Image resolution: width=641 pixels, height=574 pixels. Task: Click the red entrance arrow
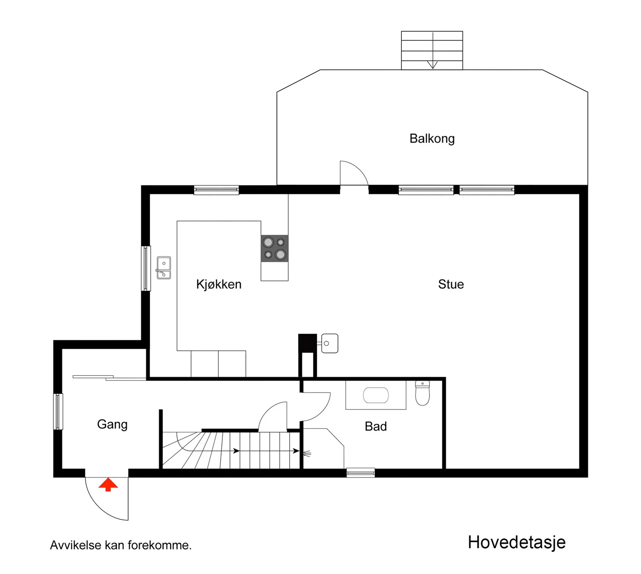(108, 484)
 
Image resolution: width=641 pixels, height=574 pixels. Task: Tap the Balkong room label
(432, 139)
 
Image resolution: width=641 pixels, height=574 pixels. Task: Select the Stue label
(451, 284)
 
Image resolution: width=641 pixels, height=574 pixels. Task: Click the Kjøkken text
(219, 284)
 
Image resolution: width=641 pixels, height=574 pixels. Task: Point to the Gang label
(112, 425)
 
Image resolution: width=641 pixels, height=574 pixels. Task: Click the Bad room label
(376, 426)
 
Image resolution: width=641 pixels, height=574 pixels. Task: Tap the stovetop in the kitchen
(274, 248)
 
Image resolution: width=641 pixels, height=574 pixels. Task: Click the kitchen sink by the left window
(163, 268)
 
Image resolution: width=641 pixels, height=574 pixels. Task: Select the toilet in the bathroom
(422, 393)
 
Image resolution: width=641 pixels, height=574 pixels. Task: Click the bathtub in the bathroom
(376, 395)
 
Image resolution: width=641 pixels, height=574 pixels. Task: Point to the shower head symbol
(307, 454)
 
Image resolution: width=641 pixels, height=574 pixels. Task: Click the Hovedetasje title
(517, 542)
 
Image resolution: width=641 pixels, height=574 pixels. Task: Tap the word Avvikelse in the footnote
(76, 545)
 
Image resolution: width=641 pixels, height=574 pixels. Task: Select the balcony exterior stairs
(432, 50)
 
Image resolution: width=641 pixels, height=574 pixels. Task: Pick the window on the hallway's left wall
(58, 412)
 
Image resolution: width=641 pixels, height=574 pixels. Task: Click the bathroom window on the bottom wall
(361, 473)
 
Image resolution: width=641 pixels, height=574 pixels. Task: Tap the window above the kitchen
(216, 190)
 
